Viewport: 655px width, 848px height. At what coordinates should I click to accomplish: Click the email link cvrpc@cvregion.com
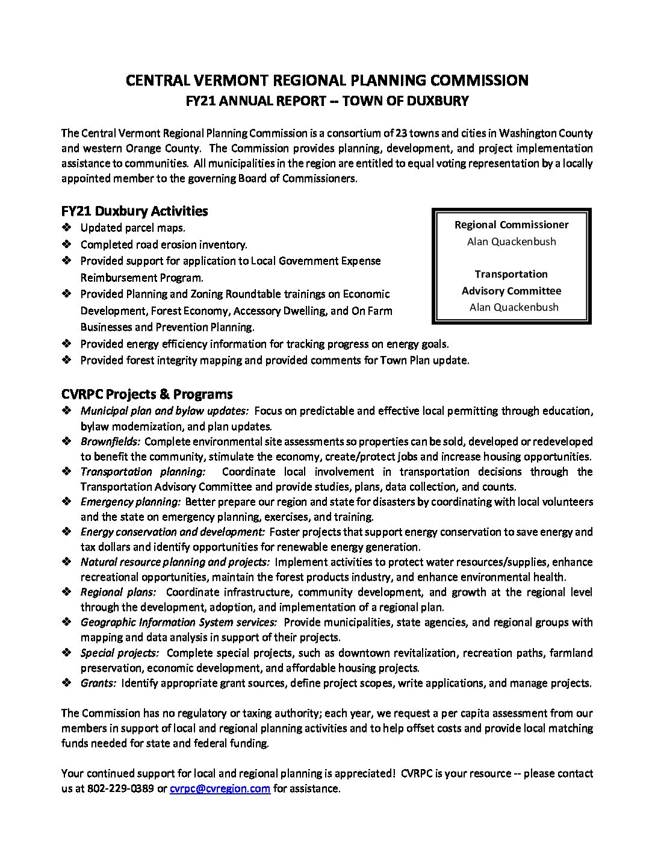(x=220, y=788)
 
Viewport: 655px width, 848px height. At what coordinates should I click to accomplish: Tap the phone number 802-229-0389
(x=121, y=788)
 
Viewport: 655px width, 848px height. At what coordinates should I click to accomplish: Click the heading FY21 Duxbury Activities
(x=134, y=211)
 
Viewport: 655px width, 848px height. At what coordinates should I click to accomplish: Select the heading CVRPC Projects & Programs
(x=147, y=394)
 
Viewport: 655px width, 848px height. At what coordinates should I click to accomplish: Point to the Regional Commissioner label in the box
(x=511, y=225)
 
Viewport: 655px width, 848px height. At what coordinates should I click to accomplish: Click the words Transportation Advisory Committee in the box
(x=511, y=282)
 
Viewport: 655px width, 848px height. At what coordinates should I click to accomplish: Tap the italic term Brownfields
(x=110, y=441)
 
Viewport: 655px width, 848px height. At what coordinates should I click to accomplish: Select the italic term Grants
(x=98, y=683)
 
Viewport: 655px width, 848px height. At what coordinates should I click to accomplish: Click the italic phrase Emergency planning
(x=130, y=502)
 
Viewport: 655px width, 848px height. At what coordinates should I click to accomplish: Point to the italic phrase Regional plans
(x=118, y=592)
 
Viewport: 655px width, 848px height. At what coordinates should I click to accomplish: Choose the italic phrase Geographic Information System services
(x=179, y=622)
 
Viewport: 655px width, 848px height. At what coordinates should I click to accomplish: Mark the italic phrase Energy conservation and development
(x=172, y=532)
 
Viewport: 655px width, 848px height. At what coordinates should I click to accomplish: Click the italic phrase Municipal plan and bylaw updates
(x=164, y=411)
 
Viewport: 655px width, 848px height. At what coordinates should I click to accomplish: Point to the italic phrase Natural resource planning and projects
(x=175, y=562)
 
